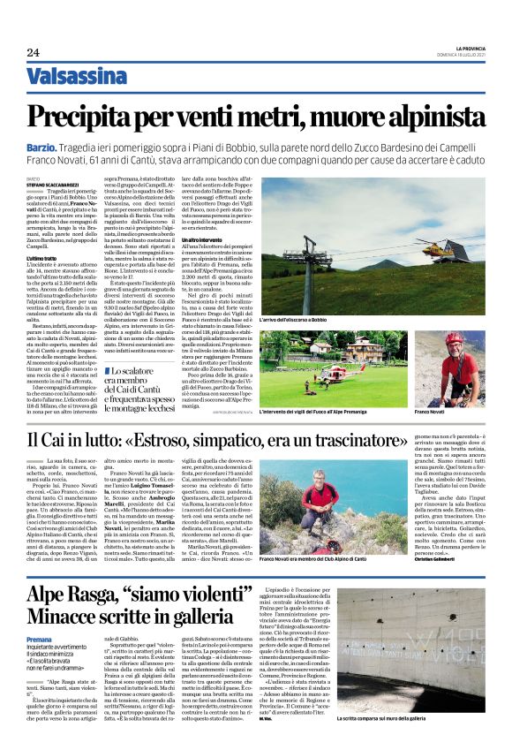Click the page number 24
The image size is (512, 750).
(x=33, y=53)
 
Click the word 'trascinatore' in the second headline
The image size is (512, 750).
(x=421, y=439)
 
